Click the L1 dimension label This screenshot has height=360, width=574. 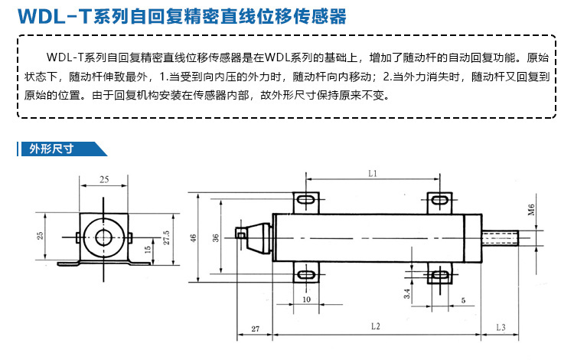[x=372, y=174]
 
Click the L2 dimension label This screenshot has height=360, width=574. [x=376, y=326]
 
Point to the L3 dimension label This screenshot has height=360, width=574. [x=501, y=327]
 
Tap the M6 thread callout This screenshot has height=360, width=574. [x=532, y=210]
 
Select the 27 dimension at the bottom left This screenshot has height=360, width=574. [x=256, y=329]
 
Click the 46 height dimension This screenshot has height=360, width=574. [x=194, y=237]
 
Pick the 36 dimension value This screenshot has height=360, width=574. [x=216, y=237]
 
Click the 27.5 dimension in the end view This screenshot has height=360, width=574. [x=166, y=237]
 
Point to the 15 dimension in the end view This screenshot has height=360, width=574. [x=148, y=250]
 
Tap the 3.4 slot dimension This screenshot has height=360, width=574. [x=407, y=293]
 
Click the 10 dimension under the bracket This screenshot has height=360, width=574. [x=306, y=299]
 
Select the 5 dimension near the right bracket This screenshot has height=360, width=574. [x=464, y=300]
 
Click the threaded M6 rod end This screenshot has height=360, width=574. [x=500, y=238]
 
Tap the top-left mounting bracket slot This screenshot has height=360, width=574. [x=305, y=200]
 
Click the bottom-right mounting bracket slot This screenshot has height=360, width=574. [x=439, y=275]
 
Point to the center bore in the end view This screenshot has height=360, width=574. [x=104, y=237]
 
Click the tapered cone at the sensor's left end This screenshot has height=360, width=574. [x=258, y=238]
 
